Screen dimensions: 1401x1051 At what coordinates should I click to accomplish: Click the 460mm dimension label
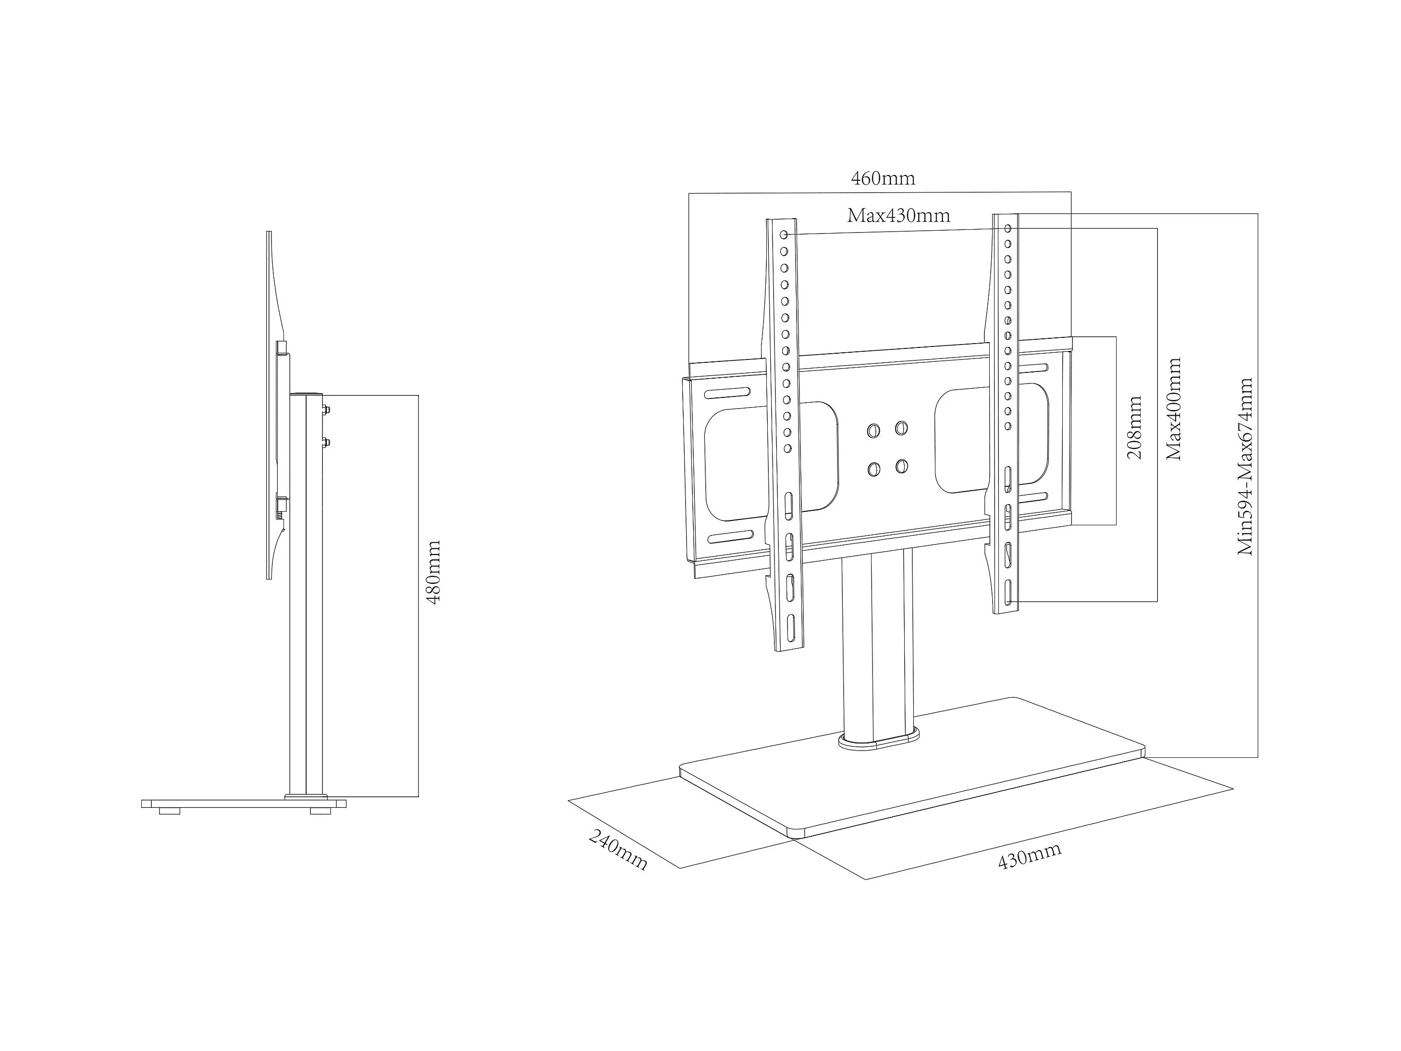click(x=883, y=179)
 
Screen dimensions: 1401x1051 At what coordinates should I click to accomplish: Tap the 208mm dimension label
click(x=1134, y=428)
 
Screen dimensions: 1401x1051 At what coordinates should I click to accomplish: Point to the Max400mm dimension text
click(x=1174, y=409)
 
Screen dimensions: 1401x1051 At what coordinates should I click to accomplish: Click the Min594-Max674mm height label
click(x=1245, y=467)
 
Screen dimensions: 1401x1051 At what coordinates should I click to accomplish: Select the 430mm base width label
click(x=1029, y=856)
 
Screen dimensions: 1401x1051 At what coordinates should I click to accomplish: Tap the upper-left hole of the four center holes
click(x=873, y=431)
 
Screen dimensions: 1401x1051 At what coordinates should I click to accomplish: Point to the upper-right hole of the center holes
click(x=901, y=428)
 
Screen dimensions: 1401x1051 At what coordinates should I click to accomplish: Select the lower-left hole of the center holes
click(x=874, y=470)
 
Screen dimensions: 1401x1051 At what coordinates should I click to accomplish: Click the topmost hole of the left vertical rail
click(x=784, y=235)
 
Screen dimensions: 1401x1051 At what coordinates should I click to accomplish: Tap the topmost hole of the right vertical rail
click(x=1007, y=227)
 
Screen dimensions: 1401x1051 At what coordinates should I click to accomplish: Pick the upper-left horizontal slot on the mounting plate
click(x=728, y=394)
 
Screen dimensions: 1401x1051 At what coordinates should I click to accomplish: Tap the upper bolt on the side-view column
click(x=326, y=409)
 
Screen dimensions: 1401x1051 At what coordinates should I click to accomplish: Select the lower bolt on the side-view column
click(x=326, y=442)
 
